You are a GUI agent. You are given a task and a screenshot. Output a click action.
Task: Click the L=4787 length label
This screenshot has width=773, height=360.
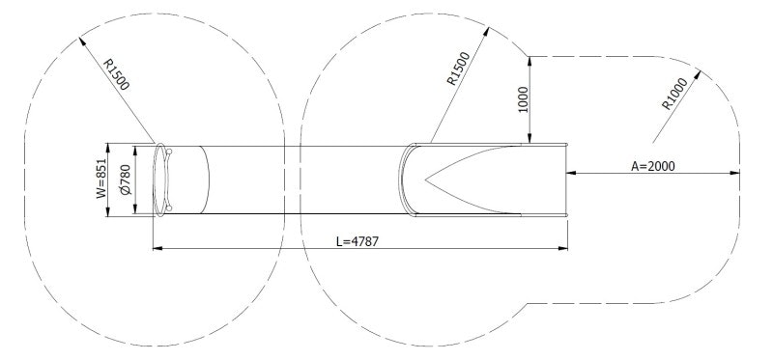357,240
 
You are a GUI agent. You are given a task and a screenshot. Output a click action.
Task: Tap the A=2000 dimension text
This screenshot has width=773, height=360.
653,166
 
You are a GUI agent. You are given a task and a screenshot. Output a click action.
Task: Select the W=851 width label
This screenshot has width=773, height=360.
100,180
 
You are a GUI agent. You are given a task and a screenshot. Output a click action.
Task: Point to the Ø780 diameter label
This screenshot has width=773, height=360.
124,180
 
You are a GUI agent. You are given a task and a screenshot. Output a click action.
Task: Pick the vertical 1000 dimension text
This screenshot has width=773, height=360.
523,99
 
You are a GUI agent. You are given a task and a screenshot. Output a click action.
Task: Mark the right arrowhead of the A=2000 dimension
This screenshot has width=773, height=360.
735,174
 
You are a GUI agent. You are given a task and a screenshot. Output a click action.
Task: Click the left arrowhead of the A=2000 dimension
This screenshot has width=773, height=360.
572,174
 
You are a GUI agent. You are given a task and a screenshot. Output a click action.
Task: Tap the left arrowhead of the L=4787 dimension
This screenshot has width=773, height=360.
157,249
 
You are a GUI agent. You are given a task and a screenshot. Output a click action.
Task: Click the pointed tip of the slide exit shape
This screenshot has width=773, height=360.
425,180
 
